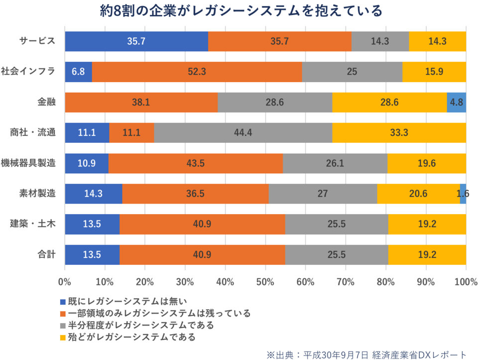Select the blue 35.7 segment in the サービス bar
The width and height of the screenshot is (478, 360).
click(136, 41)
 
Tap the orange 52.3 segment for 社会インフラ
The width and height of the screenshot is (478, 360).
click(197, 72)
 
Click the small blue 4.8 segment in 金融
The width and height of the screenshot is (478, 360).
click(456, 103)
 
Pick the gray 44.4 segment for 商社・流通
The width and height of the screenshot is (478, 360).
click(243, 133)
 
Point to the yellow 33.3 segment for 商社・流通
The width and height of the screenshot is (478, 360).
click(399, 133)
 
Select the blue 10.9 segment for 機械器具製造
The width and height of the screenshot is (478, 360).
click(87, 163)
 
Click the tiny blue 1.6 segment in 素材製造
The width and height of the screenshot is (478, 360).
click(463, 194)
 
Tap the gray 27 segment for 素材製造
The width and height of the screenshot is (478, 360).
click(323, 194)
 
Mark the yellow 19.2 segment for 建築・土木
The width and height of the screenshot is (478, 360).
click(427, 224)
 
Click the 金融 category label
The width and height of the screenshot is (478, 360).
click(47, 102)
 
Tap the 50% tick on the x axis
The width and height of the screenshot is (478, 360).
click(265, 281)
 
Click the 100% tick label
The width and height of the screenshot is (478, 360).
click(466, 281)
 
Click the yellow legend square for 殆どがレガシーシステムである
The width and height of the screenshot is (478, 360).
click(62, 338)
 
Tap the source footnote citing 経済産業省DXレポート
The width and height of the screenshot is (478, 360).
click(367, 354)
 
